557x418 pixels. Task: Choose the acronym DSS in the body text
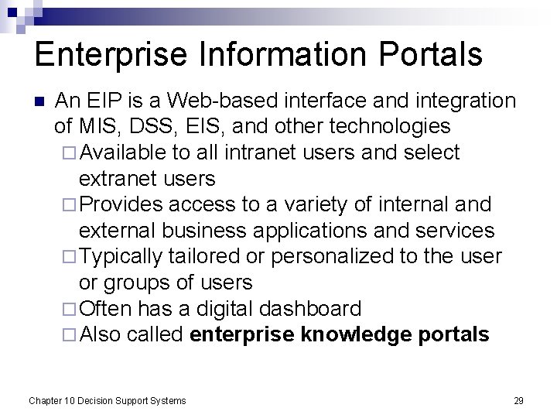150,126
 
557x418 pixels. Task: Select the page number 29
518,400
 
